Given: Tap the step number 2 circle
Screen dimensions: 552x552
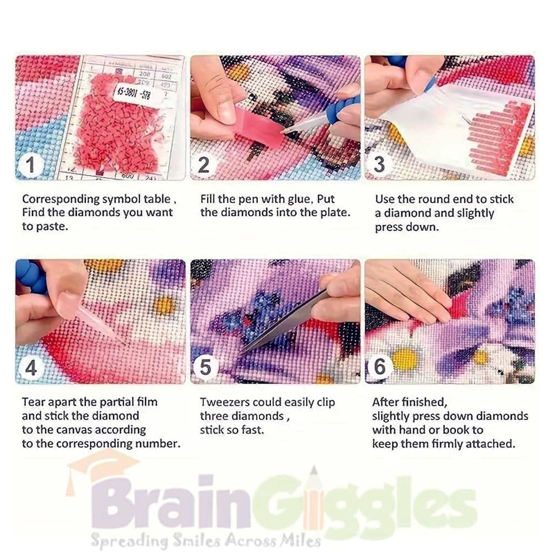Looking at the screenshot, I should click(204, 164).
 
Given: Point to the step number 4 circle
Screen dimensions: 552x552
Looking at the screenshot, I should click(31, 368).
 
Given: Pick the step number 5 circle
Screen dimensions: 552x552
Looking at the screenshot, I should click(205, 368).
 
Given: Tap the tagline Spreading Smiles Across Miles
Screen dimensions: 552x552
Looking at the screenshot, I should click(205, 539).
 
